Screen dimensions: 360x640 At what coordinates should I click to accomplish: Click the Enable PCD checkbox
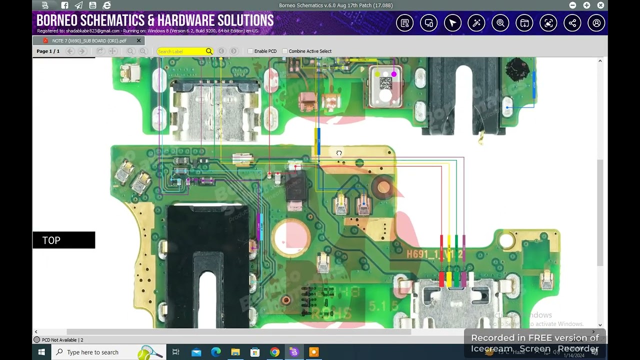(250, 51)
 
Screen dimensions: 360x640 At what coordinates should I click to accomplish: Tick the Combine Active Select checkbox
(285, 51)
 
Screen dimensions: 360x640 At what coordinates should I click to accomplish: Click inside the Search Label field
(180, 51)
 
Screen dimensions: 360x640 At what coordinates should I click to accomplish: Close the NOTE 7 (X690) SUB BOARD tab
(138, 40)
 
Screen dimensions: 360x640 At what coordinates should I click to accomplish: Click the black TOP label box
(63, 240)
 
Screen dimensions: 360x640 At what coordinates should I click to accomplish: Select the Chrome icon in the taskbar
(274, 352)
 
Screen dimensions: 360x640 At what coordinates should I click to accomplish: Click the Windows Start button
(41, 352)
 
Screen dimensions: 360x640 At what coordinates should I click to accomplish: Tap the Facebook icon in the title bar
(64, 5)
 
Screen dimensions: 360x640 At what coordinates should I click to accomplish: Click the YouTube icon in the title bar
(92, 5)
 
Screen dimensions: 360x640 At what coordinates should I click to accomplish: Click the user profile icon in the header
(596, 23)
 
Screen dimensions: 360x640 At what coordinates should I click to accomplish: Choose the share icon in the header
(572, 23)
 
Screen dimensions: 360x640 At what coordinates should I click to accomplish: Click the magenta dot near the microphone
(394, 74)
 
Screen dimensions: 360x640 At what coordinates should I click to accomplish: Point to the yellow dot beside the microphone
(378, 74)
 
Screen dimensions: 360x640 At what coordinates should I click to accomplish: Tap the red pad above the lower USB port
(441, 278)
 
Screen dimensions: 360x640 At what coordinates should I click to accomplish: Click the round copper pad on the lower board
(383, 187)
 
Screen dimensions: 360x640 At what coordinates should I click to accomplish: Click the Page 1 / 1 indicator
(48, 51)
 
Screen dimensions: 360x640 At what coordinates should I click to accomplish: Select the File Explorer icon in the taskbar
(235, 352)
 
